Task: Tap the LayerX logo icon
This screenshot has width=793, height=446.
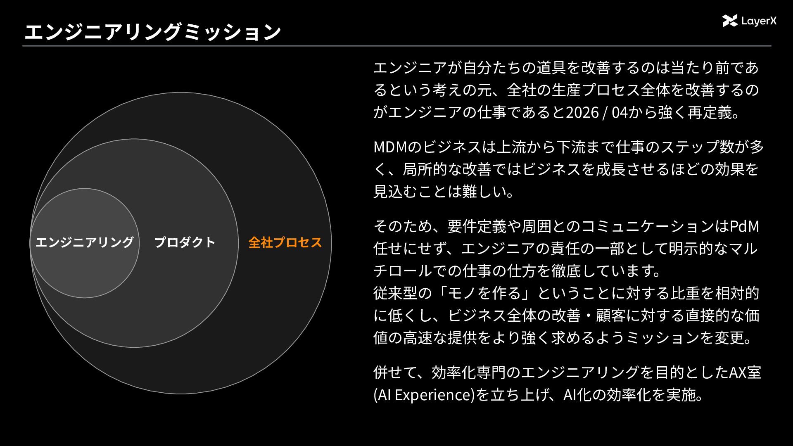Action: [730, 21]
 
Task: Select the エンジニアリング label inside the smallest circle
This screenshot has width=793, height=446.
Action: [85, 242]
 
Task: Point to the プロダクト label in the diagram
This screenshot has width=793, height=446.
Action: [185, 242]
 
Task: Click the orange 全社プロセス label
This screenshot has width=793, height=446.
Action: [285, 242]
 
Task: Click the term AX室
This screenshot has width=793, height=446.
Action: [745, 372]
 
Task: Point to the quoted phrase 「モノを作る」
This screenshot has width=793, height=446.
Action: [481, 293]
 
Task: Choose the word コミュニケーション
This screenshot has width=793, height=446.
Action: [648, 226]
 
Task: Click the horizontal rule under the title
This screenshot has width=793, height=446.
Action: [396, 46]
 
